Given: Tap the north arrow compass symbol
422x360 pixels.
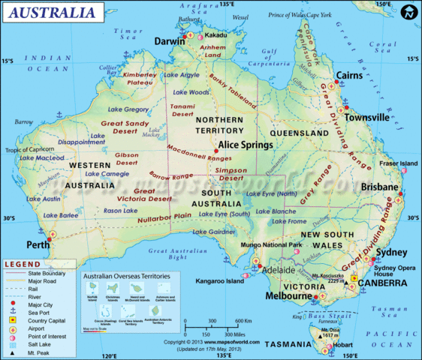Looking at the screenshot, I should (x=408, y=13).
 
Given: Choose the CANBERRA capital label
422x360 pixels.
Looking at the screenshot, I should (x=382, y=283).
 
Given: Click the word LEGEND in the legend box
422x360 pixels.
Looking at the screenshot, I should (x=25, y=265).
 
